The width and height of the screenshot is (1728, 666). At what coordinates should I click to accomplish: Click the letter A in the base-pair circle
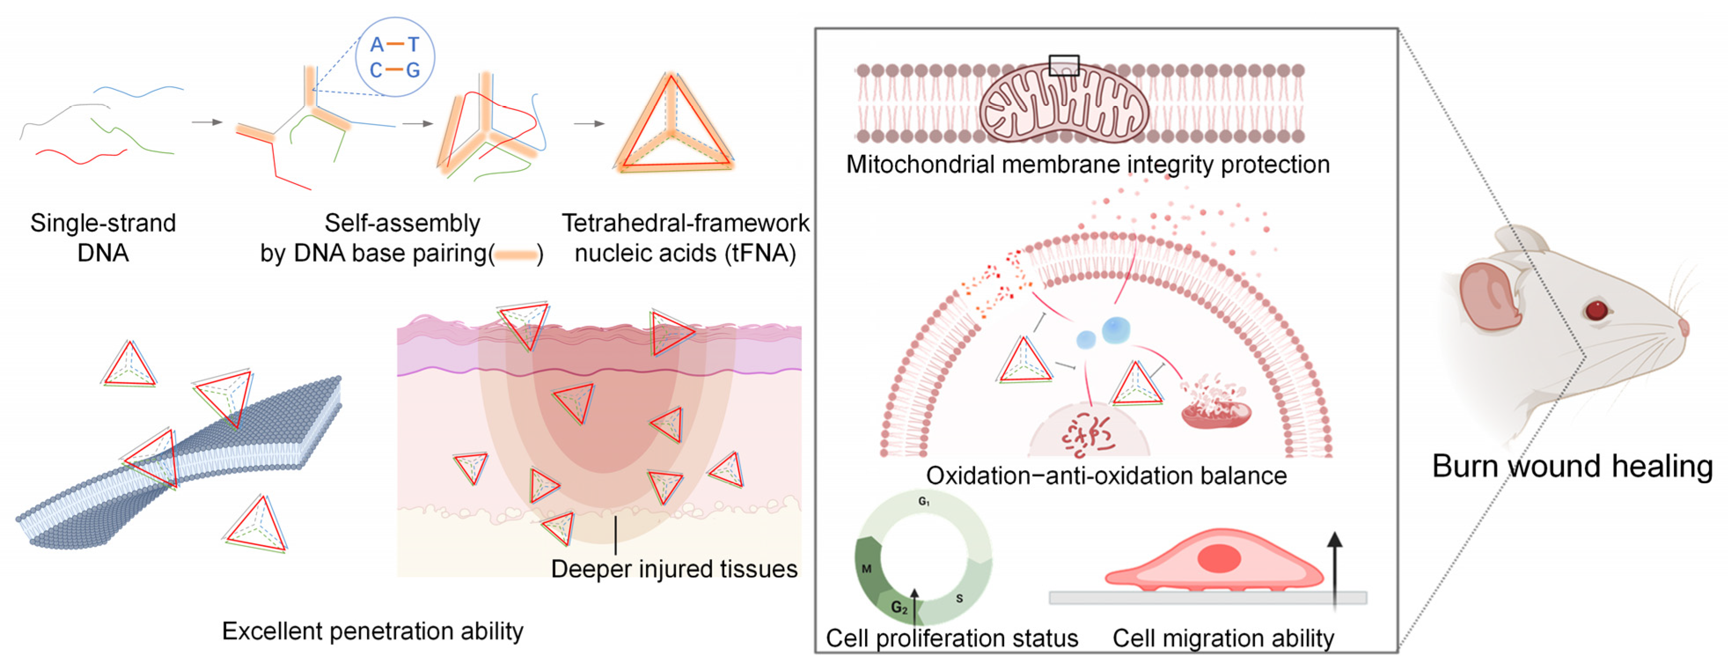tap(377, 45)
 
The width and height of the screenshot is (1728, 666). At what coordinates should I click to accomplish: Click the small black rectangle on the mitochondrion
tap(1064, 65)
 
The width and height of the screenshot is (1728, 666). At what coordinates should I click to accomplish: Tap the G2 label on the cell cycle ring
tap(899, 607)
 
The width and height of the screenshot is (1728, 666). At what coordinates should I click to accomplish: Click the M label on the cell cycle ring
tap(867, 569)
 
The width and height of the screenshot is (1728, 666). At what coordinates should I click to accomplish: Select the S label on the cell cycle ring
tap(959, 598)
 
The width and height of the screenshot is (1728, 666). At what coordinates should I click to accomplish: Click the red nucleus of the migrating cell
tap(1219, 558)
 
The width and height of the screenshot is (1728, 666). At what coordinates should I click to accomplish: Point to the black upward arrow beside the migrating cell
tap(1335, 570)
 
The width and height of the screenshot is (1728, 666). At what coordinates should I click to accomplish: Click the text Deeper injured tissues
tap(674, 569)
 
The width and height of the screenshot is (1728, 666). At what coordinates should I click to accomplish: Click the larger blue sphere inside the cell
tap(1116, 329)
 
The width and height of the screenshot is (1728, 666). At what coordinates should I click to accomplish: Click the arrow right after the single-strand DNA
tap(206, 122)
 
